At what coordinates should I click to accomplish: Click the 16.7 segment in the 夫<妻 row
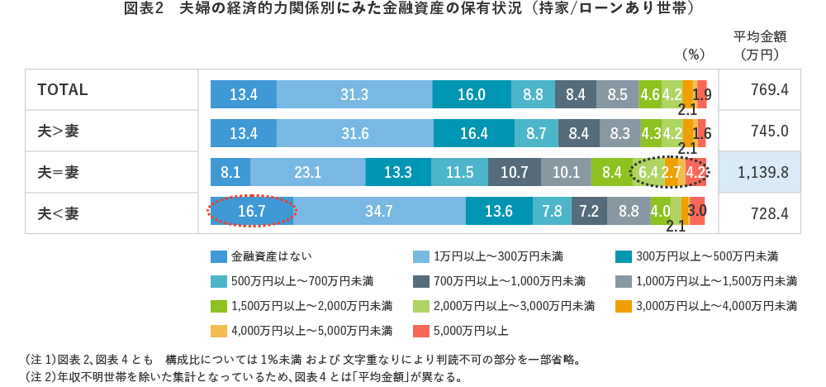[x=251, y=211]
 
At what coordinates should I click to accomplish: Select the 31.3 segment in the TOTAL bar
[x=354, y=94]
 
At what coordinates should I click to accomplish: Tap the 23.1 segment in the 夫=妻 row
[x=307, y=173]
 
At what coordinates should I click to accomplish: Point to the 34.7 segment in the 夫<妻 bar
[x=378, y=211]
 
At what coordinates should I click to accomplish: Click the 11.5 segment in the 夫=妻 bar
[x=459, y=173]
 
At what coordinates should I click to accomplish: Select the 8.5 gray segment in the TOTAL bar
[x=617, y=94]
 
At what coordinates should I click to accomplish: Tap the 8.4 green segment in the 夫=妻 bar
[x=612, y=173]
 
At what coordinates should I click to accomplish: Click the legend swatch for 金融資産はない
[x=219, y=256]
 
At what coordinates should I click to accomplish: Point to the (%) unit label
[x=692, y=55]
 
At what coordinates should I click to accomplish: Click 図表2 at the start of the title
[x=144, y=9]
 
